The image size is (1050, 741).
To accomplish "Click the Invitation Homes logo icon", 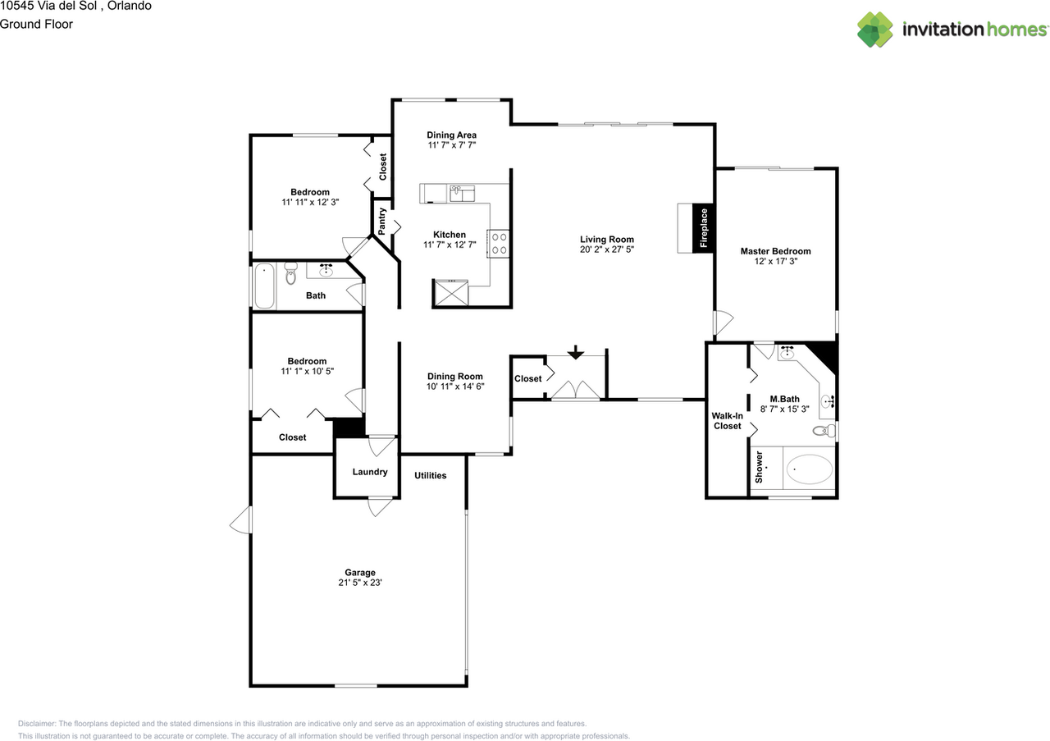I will tap(875, 30).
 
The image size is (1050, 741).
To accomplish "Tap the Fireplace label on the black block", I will tap(703, 228).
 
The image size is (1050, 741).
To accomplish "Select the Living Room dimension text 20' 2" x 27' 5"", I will tap(607, 249).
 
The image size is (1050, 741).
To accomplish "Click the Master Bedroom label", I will tap(775, 251).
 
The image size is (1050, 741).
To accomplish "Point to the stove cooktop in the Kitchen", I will tap(499, 243).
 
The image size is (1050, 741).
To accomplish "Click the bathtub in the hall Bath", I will tap(264, 286).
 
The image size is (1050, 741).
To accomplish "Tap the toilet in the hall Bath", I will tap(290, 275).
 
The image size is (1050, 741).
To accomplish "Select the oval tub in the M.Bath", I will tap(809, 471).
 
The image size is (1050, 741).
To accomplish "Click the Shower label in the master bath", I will tap(759, 466).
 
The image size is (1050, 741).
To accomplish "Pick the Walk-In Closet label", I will tap(727, 421).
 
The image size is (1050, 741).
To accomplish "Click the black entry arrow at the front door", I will tap(576, 352).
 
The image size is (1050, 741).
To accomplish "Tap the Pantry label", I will tap(381, 221).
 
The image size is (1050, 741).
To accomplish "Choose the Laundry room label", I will tap(369, 472).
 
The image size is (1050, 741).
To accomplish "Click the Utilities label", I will tap(430, 475).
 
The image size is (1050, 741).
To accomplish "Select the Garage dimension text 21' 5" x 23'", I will tap(359, 583).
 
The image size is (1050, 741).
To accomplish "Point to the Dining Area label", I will tap(451, 135).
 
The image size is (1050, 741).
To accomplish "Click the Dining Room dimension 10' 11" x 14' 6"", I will tap(454, 387).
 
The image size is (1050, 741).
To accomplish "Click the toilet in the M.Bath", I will tap(824, 431).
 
